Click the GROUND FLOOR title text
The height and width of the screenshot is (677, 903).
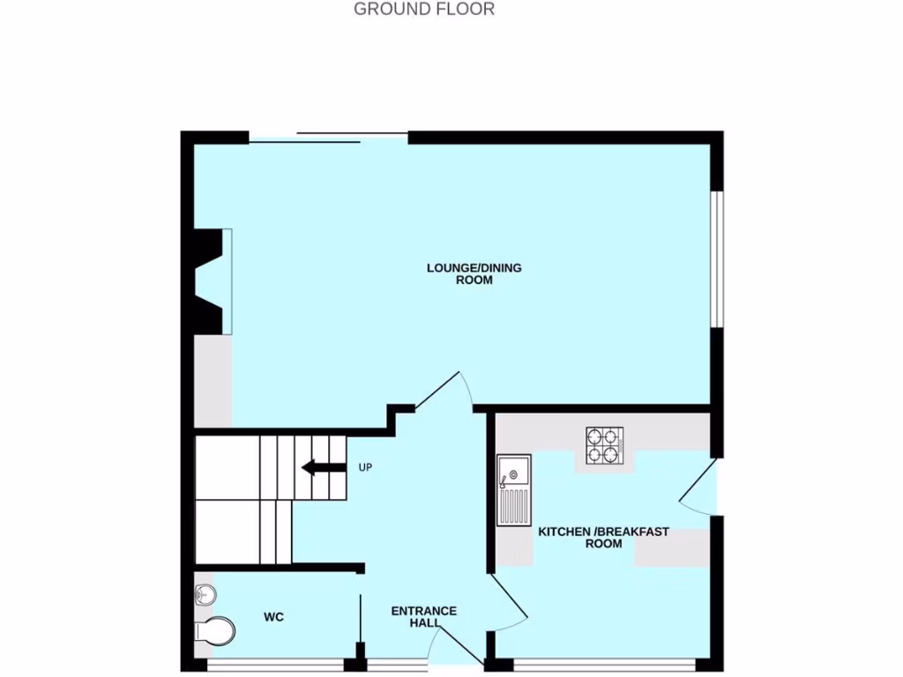coord(424,9)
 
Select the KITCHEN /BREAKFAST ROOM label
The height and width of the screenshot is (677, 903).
coord(603,538)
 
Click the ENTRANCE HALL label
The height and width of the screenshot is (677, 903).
coord(423,617)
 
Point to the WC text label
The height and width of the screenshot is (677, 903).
coord(273,617)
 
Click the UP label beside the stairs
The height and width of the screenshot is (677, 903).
coord(365,467)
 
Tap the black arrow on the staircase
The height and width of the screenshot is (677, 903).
coord(323,468)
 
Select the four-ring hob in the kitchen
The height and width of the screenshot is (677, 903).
coord(604,445)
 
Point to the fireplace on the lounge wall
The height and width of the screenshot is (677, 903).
coord(212,281)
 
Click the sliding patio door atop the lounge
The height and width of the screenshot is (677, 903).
coord(328,138)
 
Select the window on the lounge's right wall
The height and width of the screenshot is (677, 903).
coord(718,261)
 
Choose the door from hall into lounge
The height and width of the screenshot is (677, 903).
coord(441,391)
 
